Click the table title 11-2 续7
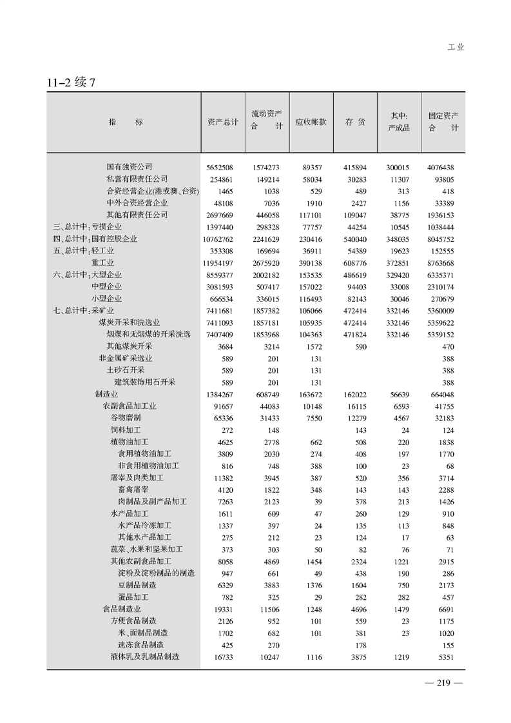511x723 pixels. click(x=71, y=83)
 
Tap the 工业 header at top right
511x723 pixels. click(x=456, y=47)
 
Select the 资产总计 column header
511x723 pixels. click(x=222, y=122)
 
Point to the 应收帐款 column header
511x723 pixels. click(x=311, y=122)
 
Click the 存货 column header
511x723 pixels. click(x=355, y=122)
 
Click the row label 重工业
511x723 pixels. click(x=102, y=262)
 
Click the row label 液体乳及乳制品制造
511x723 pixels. click(x=144, y=657)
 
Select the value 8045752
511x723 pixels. click(x=440, y=239)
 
